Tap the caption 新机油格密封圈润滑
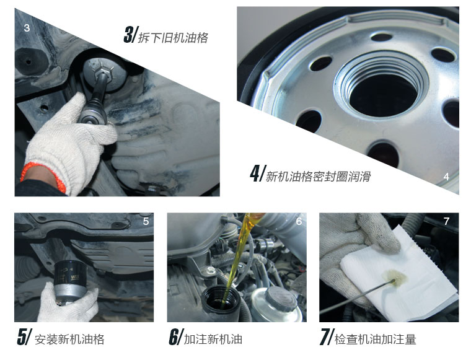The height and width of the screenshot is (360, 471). click(318, 176)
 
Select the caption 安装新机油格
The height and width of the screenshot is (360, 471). click(69, 340)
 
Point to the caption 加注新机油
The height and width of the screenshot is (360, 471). click(213, 340)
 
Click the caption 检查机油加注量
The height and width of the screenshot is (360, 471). click(375, 340)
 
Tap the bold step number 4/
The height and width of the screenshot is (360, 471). click(258, 173)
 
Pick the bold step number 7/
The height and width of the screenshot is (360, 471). click(327, 337)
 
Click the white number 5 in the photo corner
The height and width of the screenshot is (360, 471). click(146, 222)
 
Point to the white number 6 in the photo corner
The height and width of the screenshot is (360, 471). click(299, 222)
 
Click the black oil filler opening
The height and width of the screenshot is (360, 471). click(221, 299)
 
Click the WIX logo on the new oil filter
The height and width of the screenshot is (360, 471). click(75, 278)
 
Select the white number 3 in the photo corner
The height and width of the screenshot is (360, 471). click(27, 28)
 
